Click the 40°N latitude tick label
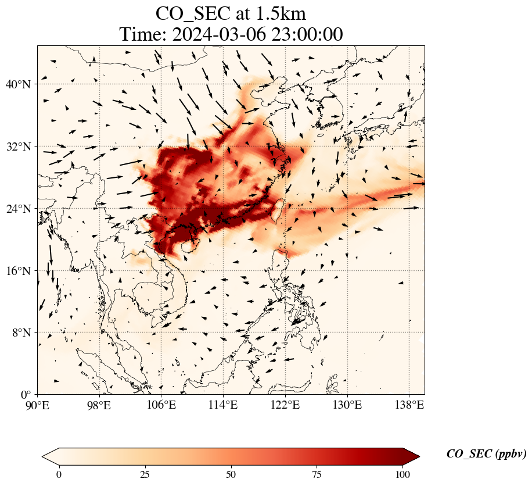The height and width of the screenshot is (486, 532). [19, 84]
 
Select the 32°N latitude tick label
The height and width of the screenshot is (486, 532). [19, 146]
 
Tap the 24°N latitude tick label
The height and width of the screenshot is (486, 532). [19, 209]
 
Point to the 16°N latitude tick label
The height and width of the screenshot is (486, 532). [19, 271]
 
